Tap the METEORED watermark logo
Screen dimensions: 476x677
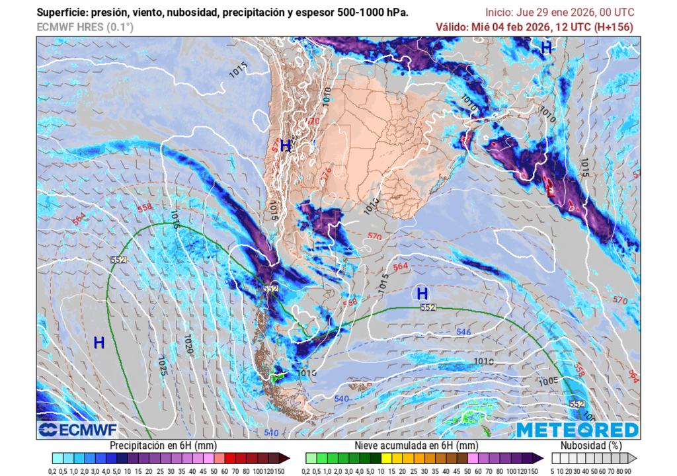coord(577,430)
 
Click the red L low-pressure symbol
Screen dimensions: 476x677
coord(550,191)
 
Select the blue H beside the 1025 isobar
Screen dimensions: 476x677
coord(99,342)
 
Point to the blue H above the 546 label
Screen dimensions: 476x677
coord(422,293)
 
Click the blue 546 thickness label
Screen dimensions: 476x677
coord(463,332)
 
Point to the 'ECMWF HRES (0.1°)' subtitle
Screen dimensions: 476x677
coord(85,27)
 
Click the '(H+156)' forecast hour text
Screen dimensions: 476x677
coord(612,27)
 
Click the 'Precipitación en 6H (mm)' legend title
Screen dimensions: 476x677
coord(164,446)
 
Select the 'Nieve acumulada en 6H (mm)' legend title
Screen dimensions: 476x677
coord(416,446)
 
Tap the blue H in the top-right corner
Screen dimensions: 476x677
coord(546,47)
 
